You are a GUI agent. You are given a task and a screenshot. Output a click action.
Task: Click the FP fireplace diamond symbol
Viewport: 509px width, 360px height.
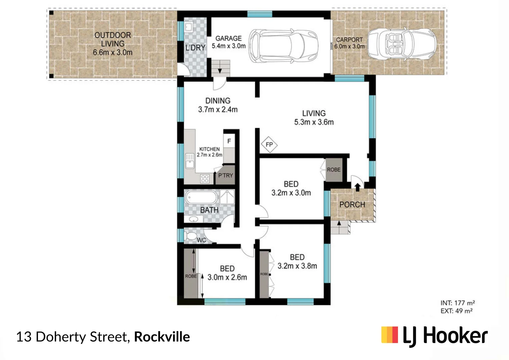[x=269, y=145]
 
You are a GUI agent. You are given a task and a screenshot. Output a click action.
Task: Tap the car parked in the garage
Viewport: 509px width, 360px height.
[x=281, y=46]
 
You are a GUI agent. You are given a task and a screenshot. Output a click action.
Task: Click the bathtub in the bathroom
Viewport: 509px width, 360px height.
[x=201, y=197]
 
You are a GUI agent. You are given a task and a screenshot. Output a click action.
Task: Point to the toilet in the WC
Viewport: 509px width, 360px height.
[x=191, y=236]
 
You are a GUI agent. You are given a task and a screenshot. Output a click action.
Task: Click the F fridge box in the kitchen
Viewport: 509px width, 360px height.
[x=229, y=141]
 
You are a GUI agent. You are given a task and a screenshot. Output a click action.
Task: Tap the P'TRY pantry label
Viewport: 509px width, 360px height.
[x=226, y=176]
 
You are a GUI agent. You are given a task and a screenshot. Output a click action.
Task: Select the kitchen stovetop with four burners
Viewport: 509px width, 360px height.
[x=205, y=178]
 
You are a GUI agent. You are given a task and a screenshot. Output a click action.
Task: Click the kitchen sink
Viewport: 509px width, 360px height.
[x=190, y=161]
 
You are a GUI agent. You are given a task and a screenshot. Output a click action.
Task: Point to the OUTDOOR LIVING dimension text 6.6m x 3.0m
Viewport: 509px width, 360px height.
[x=113, y=53]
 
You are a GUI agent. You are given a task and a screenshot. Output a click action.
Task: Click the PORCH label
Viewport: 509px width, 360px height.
[x=352, y=205]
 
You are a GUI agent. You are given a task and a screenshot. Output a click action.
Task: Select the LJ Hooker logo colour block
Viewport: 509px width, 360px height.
[x=390, y=335]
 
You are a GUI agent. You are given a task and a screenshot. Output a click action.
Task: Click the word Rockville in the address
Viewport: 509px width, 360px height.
[x=162, y=337]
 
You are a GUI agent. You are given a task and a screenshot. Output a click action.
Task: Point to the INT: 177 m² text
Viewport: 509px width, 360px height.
[x=457, y=303]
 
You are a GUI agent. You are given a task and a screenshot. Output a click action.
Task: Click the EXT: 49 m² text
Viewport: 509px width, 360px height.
[x=456, y=311]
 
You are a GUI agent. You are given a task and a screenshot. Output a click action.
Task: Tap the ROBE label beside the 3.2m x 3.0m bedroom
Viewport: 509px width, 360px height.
[x=334, y=170]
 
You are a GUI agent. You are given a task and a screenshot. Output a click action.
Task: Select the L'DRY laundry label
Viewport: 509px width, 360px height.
[x=195, y=48]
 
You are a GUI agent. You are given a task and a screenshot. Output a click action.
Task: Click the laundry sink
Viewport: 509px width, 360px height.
[x=189, y=27]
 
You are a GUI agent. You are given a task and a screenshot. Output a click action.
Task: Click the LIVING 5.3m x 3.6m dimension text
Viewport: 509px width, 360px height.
[x=314, y=122]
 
